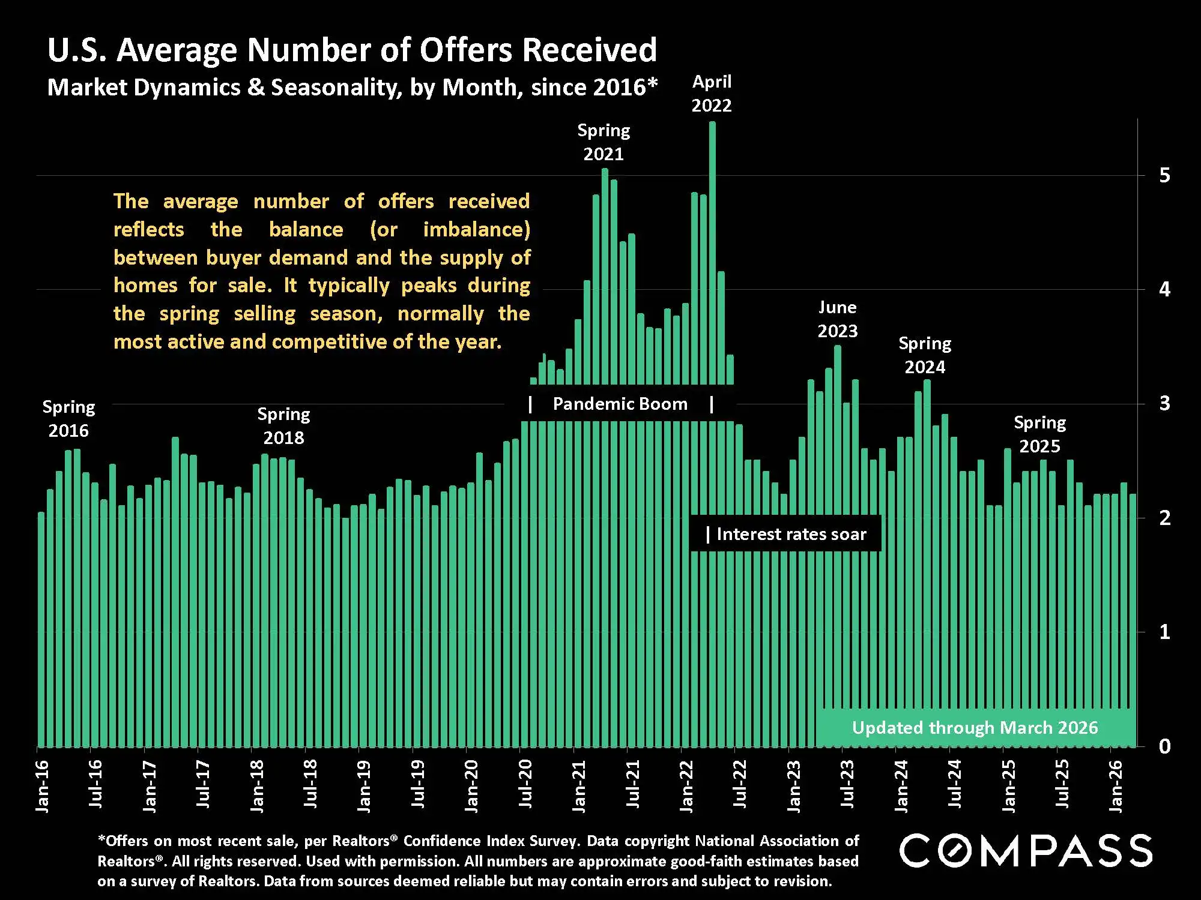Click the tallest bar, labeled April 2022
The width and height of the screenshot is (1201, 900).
click(x=712, y=252)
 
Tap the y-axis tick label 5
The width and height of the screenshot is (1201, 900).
click(x=1164, y=175)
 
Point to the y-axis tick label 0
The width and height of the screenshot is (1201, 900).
click(x=1164, y=746)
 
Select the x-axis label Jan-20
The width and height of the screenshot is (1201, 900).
click(x=471, y=786)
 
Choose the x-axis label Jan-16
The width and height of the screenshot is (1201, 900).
click(x=42, y=786)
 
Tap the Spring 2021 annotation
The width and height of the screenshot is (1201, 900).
click(x=604, y=142)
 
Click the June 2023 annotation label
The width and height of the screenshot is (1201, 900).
click(x=837, y=319)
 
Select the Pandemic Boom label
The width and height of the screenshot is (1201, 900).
click(x=620, y=404)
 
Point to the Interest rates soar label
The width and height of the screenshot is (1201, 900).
click(x=791, y=534)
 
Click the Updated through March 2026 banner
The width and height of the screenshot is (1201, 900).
click(x=975, y=728)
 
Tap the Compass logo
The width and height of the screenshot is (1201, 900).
click(x=1025, y=850)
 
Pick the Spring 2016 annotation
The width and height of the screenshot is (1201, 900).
click(x=68, y=419)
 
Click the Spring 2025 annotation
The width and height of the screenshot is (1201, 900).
click(x=1039, y=434)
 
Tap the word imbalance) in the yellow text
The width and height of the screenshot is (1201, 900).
click(x=476, y=229)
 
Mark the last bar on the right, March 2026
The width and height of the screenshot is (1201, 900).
click(x=1133, y=618)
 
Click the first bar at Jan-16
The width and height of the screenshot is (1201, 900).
click(x=41, y=630)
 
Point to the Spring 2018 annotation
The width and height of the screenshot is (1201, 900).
click(x=283, y=426)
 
